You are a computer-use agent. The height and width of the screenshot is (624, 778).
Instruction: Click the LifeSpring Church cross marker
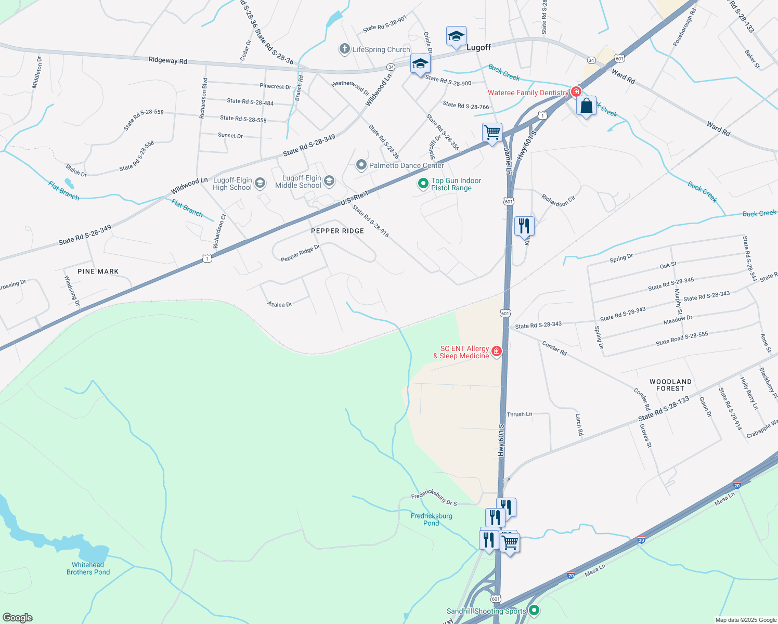click(344, 49)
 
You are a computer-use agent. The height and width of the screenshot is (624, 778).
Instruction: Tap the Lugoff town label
click(478, 47)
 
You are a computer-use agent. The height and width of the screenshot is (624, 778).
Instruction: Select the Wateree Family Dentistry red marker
click(576, 92)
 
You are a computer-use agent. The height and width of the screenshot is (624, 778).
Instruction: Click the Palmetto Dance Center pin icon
click(361, 165)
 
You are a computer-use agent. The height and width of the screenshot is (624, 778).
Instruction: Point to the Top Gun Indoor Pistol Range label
click(456, 185)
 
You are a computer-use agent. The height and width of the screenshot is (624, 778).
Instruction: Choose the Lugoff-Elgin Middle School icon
click(329, 181)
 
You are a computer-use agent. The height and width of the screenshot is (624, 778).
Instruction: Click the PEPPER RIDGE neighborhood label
click(338, 231)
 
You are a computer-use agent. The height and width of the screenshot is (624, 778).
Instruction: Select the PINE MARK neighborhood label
click(98, 271)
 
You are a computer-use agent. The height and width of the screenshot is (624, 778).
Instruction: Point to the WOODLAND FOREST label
click(670, 385)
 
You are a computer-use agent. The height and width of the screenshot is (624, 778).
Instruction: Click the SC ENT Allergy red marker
click(497, 352)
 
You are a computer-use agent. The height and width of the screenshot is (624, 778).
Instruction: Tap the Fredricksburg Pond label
click(432, 519)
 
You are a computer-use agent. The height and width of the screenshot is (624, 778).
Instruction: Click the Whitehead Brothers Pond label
click(88, 568)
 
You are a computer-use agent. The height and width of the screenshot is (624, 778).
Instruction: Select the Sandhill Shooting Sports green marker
click(534, 610)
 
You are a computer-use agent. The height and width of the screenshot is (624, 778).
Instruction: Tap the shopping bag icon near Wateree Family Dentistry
click(586, 106)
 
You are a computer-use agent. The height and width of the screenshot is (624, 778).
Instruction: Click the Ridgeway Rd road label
click(167, 60)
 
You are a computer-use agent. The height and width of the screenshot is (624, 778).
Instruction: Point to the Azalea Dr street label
click(280, 304)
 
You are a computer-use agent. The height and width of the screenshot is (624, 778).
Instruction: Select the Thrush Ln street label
click(520, 414)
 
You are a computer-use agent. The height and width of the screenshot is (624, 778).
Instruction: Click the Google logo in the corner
click(18, 617)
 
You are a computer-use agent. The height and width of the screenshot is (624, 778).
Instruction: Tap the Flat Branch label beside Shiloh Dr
click(64, 190)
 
